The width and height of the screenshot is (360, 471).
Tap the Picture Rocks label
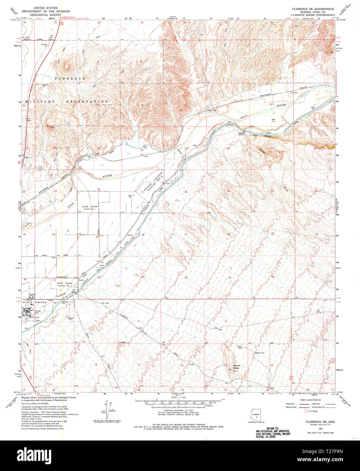click(x=236, y=367)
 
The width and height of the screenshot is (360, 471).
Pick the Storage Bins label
click(x=37, y=311)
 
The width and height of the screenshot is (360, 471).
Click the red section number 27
click(x=186, y=234)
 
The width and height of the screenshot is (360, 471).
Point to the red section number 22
click(x=186, y=192)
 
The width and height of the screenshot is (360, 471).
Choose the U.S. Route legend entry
click(x=311, y=411)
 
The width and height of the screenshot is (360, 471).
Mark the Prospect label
click(x=123, y=342)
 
